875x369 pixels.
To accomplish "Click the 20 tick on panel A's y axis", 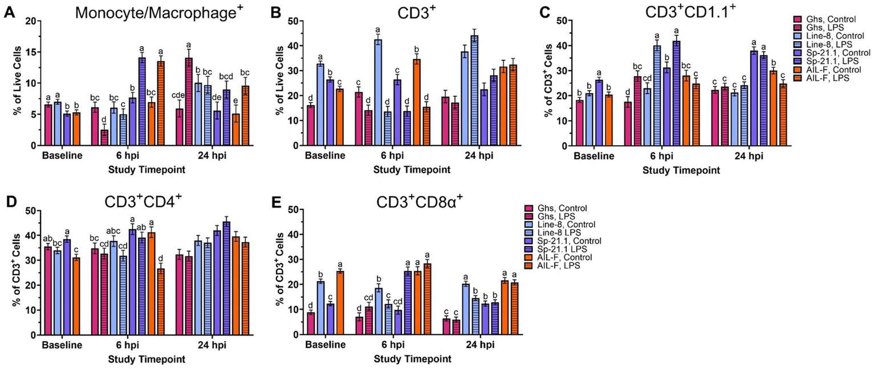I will [x=32, y=20].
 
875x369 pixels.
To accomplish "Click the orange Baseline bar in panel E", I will [x=340, y=302].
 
